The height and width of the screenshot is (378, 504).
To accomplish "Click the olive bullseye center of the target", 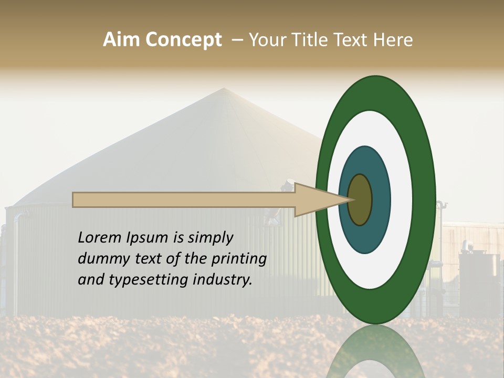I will click(x=360, y=199).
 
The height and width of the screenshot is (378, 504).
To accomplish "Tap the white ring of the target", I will click(x=401, y=199).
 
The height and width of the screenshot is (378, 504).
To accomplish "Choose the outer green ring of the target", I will click(x=424, y=199).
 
